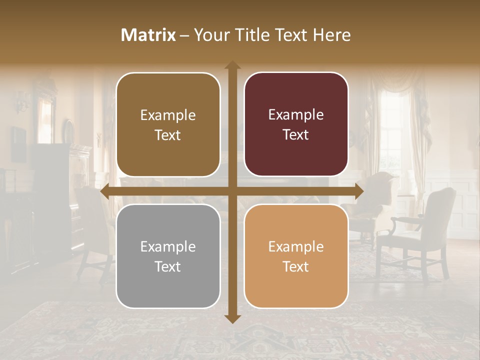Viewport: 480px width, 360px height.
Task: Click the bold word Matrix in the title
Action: (148, 35)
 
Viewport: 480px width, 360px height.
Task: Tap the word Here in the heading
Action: (331, 35)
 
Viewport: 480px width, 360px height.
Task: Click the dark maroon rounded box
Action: (296, 124)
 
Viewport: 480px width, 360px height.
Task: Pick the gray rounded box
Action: (168, 256)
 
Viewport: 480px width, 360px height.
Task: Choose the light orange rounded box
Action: (296, 256)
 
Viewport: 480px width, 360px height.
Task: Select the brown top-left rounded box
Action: (168, 124)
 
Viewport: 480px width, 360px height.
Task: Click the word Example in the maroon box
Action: (296, 115)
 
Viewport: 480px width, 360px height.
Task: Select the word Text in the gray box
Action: (168, 266)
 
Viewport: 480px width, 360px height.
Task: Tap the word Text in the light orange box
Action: (296, 266)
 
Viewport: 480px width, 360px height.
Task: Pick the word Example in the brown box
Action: (168, 115)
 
